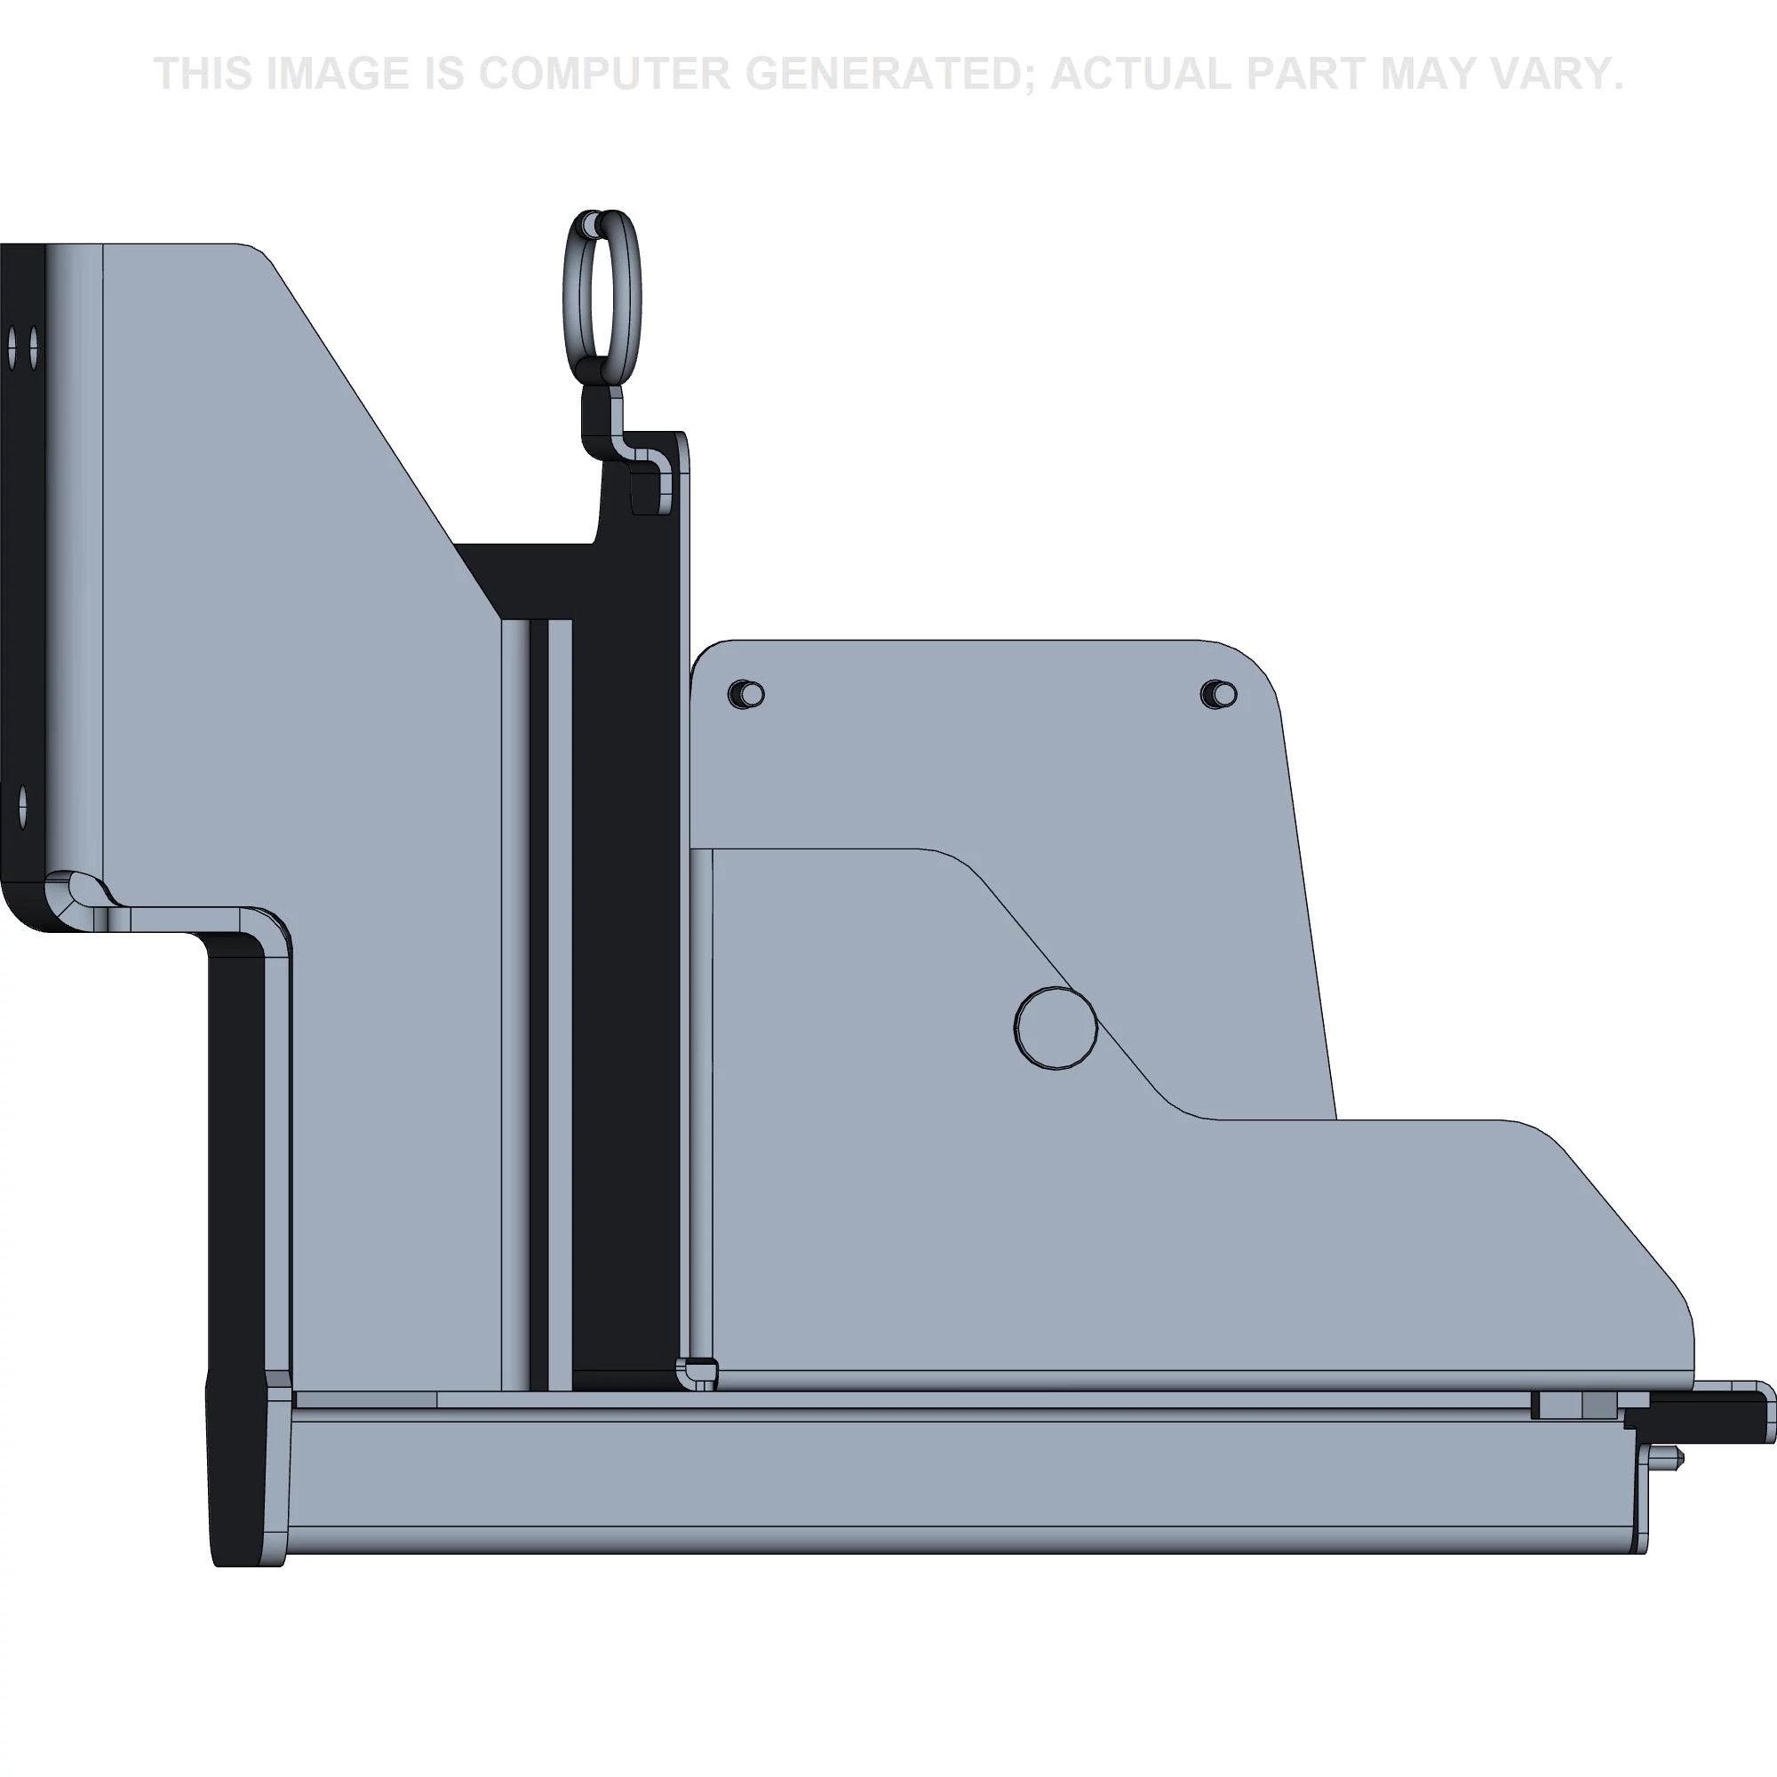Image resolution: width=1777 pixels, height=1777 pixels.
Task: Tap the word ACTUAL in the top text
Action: [1140, 74]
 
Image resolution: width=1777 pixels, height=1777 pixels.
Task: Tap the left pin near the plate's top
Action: [747, 694]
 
